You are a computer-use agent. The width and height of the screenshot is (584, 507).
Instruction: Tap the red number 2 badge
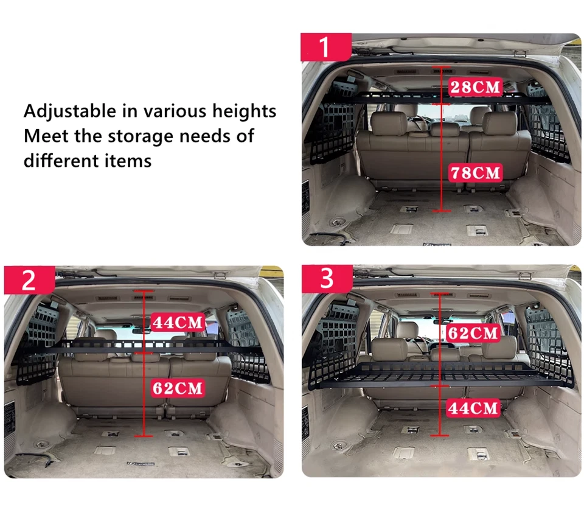(x=29, y=280)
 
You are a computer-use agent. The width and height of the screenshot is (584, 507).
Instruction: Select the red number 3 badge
(x=327, y=279)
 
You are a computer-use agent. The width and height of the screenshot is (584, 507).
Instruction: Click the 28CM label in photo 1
(x=474, y=87)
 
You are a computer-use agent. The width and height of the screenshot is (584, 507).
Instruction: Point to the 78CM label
(x=474, y=173)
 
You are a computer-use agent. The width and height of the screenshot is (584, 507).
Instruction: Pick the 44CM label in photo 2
(x=176, y=322)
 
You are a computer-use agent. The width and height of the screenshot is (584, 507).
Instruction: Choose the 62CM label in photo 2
(x=178, y=388)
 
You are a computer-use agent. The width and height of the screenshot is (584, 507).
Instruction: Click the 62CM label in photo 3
(x=473, y=333)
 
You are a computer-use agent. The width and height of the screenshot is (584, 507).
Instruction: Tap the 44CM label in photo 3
(x=473, y=407)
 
